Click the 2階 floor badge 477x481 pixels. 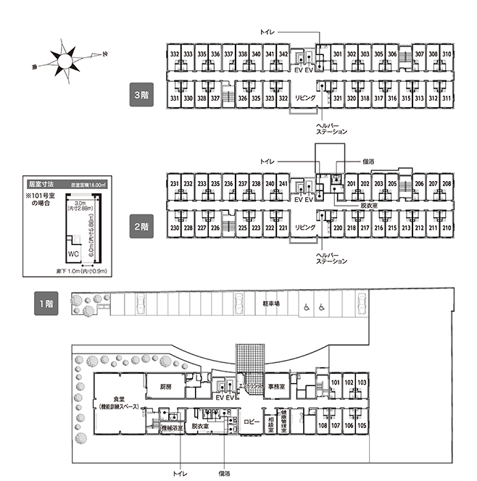(141, 226)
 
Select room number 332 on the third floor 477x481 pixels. (174, 54)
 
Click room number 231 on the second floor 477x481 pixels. (174, 184)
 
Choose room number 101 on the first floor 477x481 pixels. (336, 382)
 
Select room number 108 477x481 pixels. (323, 425)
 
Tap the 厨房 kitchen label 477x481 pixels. (165, 386)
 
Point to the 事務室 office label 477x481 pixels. (275, 386)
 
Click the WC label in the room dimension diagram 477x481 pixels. (72, 254)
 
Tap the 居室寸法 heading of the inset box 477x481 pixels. (41, 184)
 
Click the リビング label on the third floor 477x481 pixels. (304, 98)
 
